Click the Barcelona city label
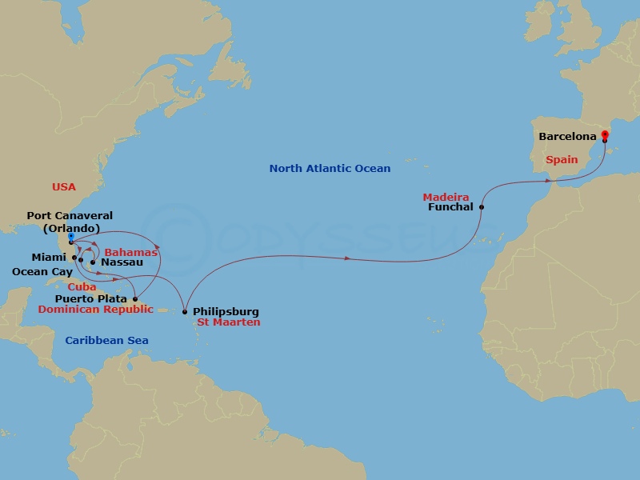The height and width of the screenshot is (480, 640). [x=567, y=137]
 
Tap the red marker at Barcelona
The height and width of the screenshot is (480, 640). [x=605, y=134]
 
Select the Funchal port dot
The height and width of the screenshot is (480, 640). [x=482, y=206]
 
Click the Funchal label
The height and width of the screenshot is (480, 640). [x=452, y=207]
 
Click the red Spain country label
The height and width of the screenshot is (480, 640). [x=562, y=159]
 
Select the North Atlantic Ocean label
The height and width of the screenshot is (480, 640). [x=330, y=169]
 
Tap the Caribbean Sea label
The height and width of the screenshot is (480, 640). [x=106, y=341]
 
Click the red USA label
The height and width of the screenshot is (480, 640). [x=63, y=186]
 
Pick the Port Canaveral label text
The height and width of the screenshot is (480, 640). [x=70, y=216]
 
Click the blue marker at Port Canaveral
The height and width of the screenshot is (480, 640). [x=70, y=237]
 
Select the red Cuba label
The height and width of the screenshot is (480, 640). [x=82, y=286]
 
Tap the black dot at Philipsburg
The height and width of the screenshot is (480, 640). [x=185, y=312]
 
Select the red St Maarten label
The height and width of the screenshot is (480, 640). [x=228, y=322]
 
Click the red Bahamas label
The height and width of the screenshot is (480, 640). [x=132, y=252]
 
